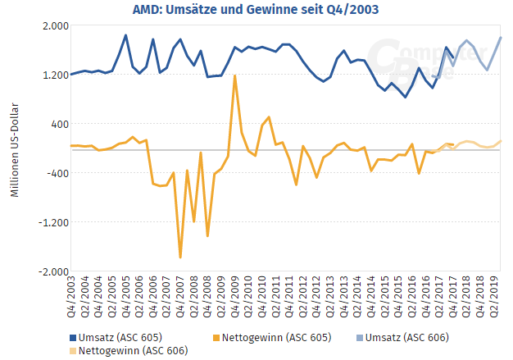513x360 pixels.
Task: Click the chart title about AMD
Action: pos(256,10)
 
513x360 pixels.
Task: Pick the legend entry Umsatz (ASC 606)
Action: pos(402,337)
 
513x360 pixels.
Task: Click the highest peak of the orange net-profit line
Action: pos(235,76)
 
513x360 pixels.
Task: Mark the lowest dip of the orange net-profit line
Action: pos(180,257)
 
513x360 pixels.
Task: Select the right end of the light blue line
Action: pos(501,38)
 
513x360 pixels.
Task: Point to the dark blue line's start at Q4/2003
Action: pos(71,75)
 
